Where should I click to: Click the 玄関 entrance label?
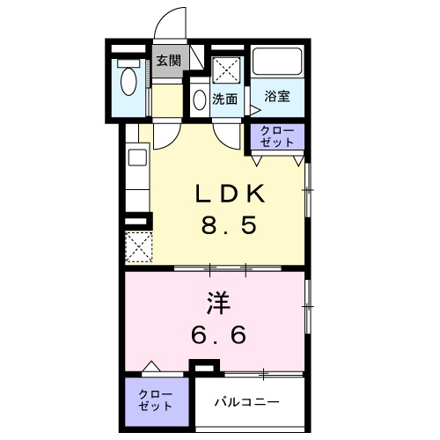pos(168,61)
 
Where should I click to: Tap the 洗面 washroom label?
pos(225,99)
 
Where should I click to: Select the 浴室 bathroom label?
pos(278,96)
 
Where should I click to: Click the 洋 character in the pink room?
pos(218,304)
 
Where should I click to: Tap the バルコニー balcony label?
pos(248,402)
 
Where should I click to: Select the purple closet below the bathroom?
pos(278,136)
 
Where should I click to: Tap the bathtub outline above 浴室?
pos(278,62)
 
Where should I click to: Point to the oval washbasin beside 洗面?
pos(201,99)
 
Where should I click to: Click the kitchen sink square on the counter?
pos(136,158)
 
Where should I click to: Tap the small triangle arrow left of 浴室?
pos(254,110)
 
